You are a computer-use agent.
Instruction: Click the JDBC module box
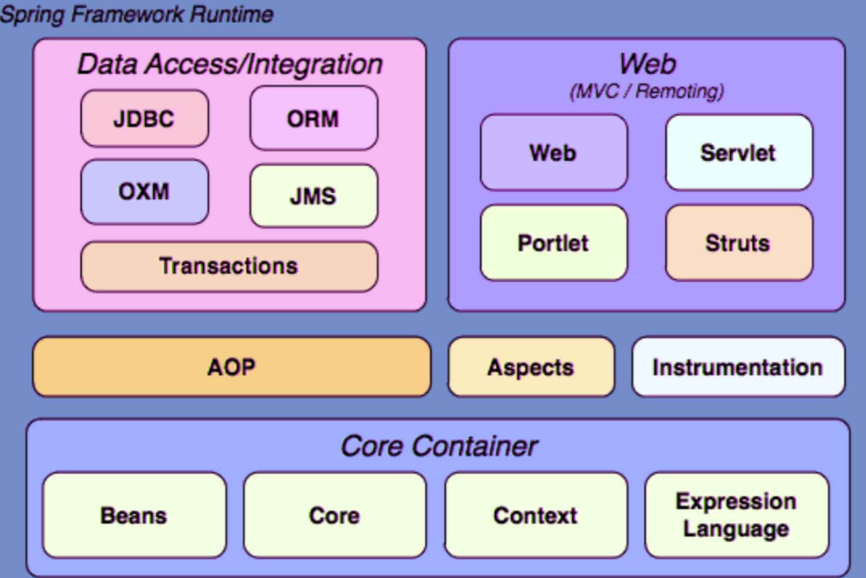click(145, 118)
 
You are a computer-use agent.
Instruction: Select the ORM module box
click(313, 118)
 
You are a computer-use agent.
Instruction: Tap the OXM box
click(145, 192)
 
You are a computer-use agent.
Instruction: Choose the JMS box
click(313, 196)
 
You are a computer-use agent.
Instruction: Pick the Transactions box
click(229, 266)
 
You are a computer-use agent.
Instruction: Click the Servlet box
click(739, 153)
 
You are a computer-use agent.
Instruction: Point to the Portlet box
click(553, 243)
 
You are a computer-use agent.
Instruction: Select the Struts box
click(739, 243)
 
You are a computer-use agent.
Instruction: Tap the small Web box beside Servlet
click(553, 153)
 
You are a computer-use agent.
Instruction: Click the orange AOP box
click(232, 367)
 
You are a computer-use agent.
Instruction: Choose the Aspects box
click(531, 367)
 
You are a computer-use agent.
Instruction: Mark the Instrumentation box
click(738, 367)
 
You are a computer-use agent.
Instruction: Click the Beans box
click(134, 515)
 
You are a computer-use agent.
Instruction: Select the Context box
click(536, 515)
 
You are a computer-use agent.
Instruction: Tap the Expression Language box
click(736, 515)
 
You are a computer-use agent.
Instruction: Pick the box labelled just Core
click(335, 515)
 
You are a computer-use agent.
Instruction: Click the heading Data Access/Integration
click(230, 64)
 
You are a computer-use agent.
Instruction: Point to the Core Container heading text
click(439, 446)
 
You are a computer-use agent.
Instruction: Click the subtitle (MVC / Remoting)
click(647, 91)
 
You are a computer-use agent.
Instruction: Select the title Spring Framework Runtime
click(137, 14)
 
